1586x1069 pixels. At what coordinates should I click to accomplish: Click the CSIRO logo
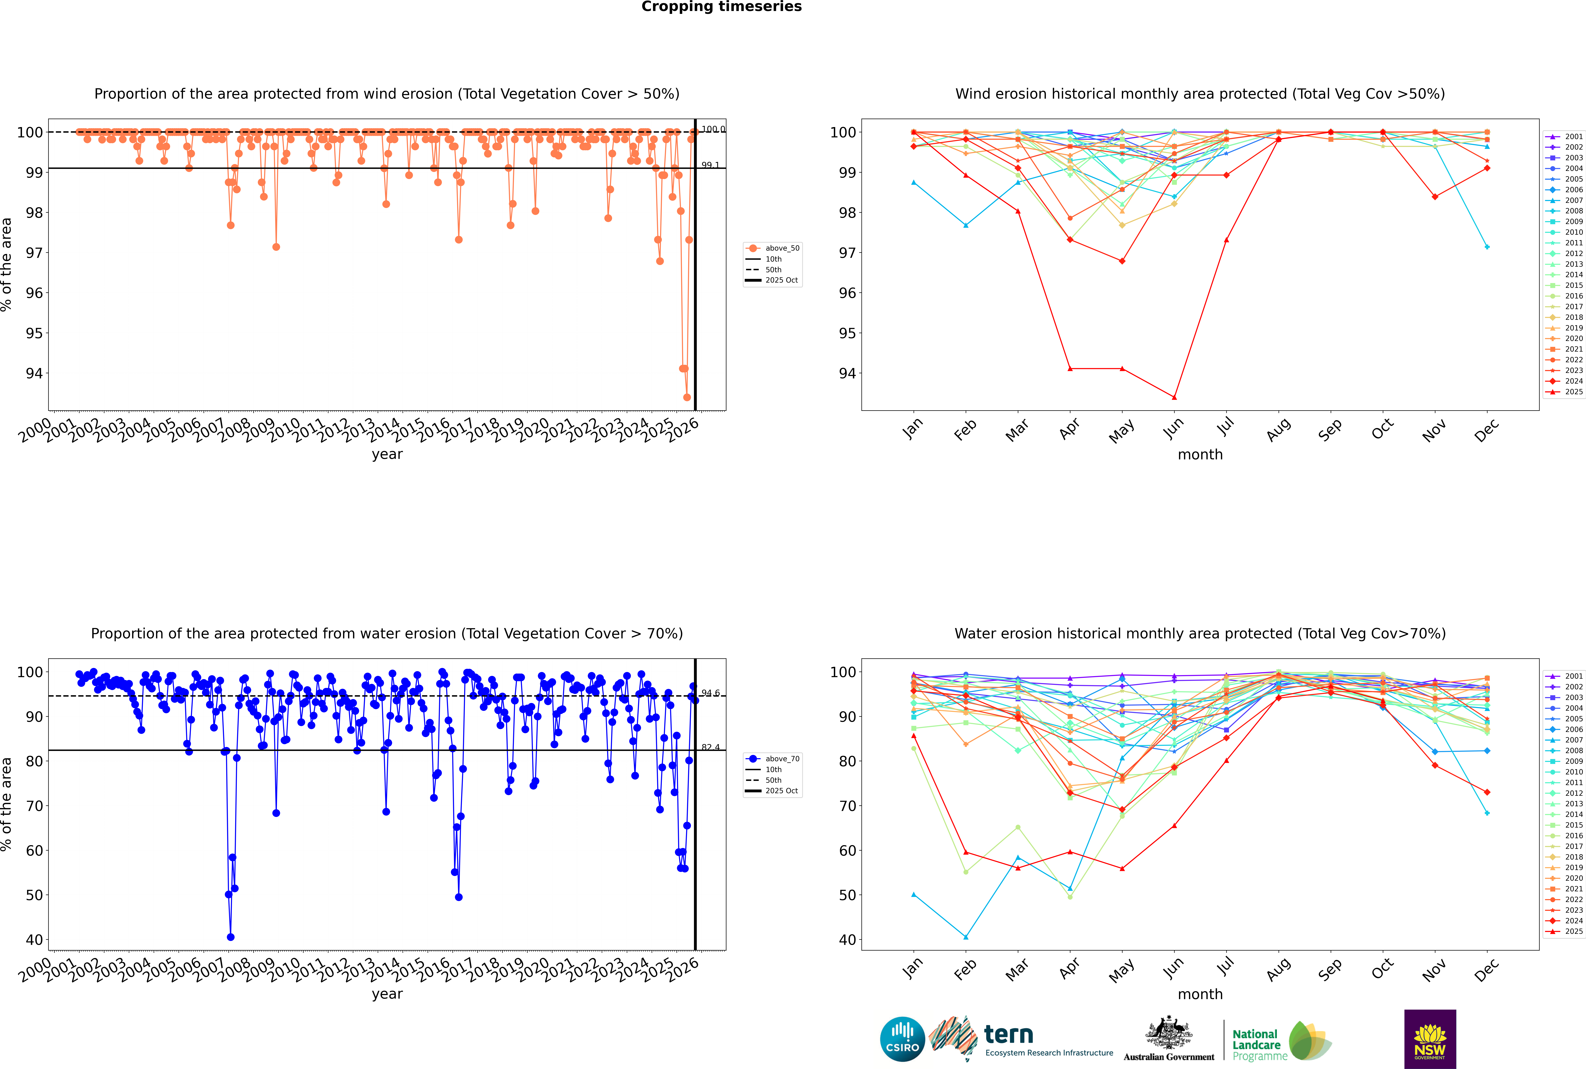pyautogui.click(x=902, y=1039)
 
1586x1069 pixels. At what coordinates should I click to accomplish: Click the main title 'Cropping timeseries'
pyautogui.click(x=721, y=7)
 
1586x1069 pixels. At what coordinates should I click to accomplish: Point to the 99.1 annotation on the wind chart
pyautogui.click(x=710, y=165)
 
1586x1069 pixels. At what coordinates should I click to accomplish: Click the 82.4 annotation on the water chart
pyautogui.click(x=710, y=747)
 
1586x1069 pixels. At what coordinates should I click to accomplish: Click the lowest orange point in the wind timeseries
pyautogui.click(x=687, y=397)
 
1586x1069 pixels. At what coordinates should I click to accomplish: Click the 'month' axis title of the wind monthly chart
pyautogui.click(x=1200, y=455)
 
